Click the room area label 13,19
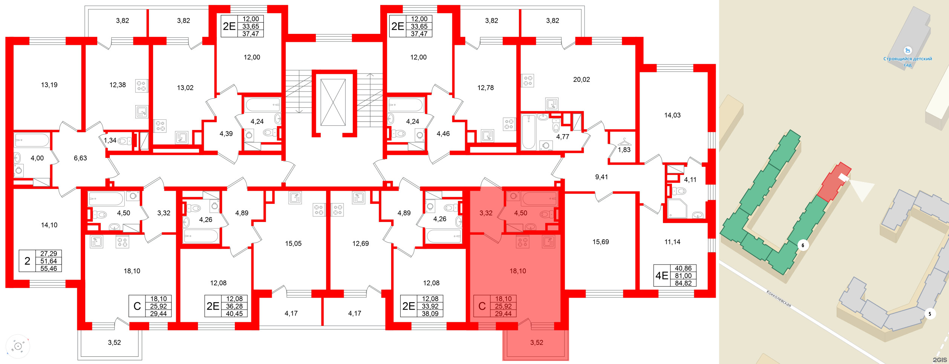[x=49, y=85]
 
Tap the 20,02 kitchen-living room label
[x=581, y=80]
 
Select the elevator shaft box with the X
[x=333, y=102]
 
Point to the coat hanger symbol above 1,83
[x=624, y=142]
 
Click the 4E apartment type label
[x=662, y=276]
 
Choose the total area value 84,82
[x=683, y=283]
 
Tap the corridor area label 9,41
[x=601, y=177]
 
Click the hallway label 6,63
[x=80, y=158]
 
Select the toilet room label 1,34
[x=110, y=141]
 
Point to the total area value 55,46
[x=49, y=269]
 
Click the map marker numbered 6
[x=803, y=245]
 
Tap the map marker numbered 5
[x=930, y=314]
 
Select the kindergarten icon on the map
[x=908, y=50]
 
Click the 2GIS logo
[x=940, y=360]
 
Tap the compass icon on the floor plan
[x=18, y=346]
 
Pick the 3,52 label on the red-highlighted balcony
[x=537, y=343]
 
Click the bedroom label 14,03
[x=672, y=115]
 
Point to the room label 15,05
[x=293, y=244]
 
